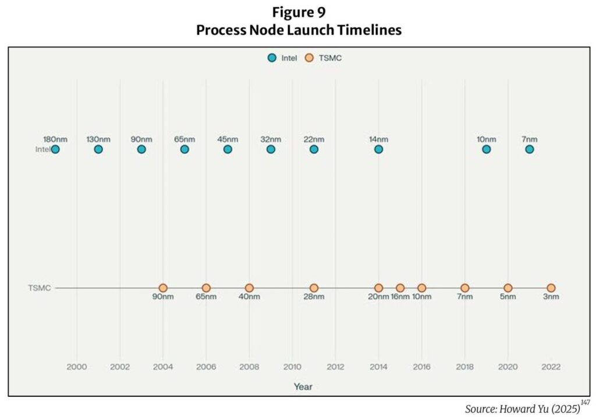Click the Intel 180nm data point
[55, 149]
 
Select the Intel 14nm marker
[378, 149]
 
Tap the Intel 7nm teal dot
[529, 149]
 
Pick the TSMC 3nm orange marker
[551, 288]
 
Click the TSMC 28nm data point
[314, 288]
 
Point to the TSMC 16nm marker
[400, 288]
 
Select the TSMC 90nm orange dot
[163, 288]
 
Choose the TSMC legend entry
[324, 58]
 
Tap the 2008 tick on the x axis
[249, 367]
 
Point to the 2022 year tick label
[551, 367]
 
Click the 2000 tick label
[77, 367]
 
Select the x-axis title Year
[303, 386]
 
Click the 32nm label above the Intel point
[271, 139]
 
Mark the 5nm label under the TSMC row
[508, 297]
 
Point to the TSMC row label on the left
[39, 288]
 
